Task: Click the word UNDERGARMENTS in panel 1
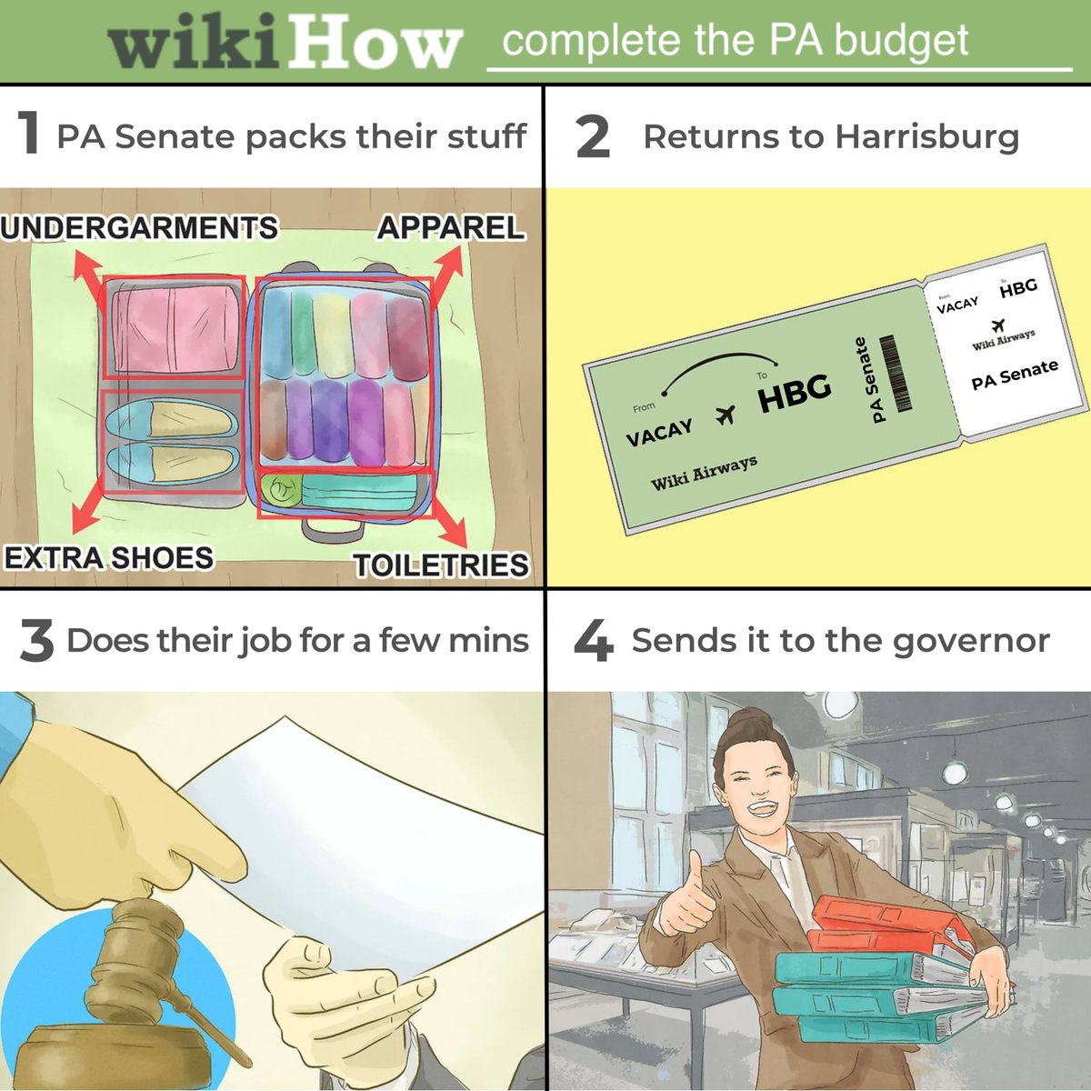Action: tap(139, 227)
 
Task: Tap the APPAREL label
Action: tap(451, 227)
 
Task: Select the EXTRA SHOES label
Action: tap(109, 557)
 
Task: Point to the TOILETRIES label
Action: tap(441, 565)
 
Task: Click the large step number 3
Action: tap(36, 640)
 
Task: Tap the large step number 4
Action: tap(594, 640)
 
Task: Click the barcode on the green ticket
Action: tap(895, 373)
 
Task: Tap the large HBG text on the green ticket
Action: tap(795, 394)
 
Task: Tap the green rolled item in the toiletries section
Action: tap(281, 490)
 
